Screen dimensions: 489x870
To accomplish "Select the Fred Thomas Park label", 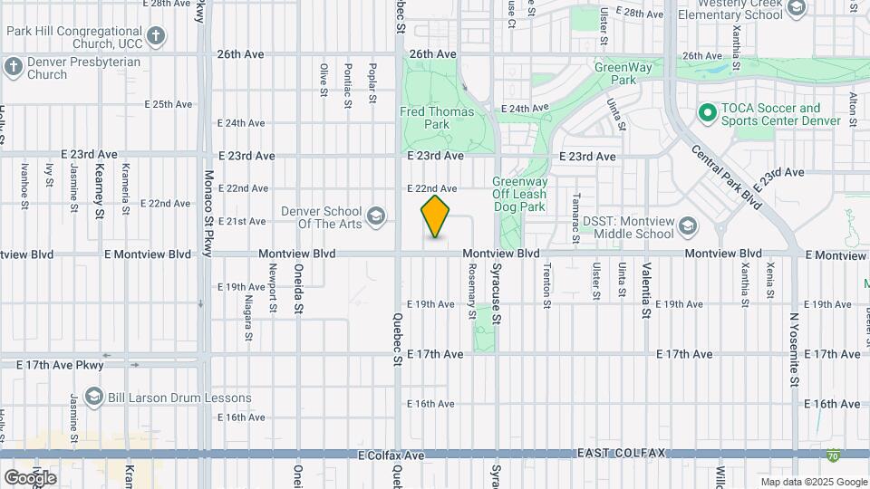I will (x=425, y=118).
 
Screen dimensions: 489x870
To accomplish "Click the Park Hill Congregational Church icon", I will (x=157, y=37).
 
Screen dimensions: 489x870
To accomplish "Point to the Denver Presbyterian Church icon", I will (x=13, y=67).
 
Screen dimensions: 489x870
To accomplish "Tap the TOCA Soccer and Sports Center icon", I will (x=707, y=113).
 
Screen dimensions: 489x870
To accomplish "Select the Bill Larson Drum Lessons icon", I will (x=92, y=397).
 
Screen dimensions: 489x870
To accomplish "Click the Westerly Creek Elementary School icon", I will (x=797, y=9).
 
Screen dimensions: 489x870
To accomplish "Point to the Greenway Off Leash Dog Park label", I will (x=519, y=194).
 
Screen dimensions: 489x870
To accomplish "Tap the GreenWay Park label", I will (x=618, y=73).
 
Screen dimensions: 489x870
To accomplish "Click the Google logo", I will (x=30, y=477).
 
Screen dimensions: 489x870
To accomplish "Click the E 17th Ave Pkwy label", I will (x=61, y=365).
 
